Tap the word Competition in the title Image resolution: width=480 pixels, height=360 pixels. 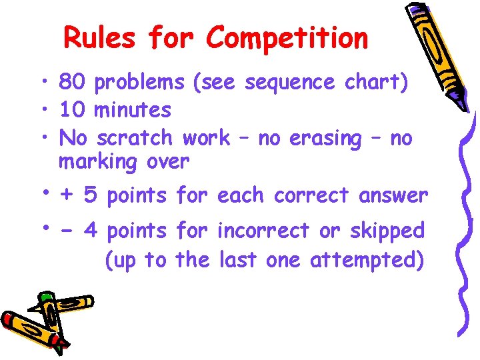287,39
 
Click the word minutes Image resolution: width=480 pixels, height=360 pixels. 133,110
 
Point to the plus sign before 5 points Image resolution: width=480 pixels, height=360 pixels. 67,195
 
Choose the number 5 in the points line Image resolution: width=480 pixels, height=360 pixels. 91,195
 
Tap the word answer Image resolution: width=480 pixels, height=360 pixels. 393,195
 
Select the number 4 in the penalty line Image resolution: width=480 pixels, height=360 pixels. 91,231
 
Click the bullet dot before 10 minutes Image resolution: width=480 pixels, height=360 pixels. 49,109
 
